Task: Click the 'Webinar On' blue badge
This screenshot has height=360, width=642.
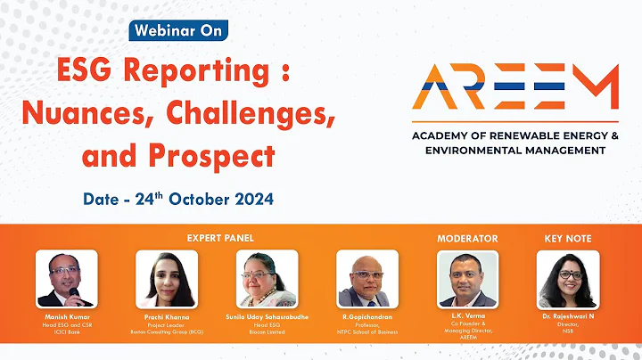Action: pyautogui.click(x=178, y=29)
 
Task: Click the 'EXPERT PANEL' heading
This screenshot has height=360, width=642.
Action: pyautogui.click(x=220, y=239)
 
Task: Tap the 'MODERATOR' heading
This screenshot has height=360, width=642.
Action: pyautogui.click(x=467, y=239)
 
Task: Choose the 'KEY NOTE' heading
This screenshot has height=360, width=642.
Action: pyautogui.click(x=568, y=239)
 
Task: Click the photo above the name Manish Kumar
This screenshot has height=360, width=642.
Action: pyautogui.click(x=66, y=279)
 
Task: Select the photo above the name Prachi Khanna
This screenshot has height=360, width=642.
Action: pyautogui.click(x=166, y=279)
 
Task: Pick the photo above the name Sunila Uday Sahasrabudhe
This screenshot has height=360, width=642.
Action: pyautogui.click(x=267, y=279)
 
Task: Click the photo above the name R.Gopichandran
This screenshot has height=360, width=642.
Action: pyautogui.click(x=366, y=279)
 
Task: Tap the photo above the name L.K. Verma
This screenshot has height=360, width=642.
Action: pyautogui.click(x=468, y=279)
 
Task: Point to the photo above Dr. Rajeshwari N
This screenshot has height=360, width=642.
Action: pyautogui.click(x=568, y=279)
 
